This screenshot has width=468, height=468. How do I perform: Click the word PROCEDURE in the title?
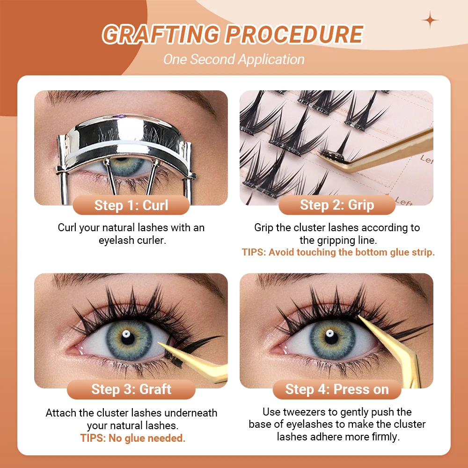(x=294, y=34)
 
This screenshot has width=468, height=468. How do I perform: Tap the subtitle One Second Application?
(x=234, y=59)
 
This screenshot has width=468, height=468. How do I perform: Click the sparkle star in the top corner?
(x=430, y=20)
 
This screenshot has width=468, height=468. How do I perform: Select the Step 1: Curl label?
(x=131, y=205)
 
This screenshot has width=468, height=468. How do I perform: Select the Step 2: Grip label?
(x=337, y=205)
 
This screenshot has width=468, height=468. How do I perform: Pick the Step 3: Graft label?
(x=131, y=389)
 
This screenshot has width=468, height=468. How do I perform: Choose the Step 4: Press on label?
(x=337, y=389)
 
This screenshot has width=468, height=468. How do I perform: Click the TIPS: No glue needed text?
(x=133, y=439)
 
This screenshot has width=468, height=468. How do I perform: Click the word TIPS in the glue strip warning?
(x=255, y=252)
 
